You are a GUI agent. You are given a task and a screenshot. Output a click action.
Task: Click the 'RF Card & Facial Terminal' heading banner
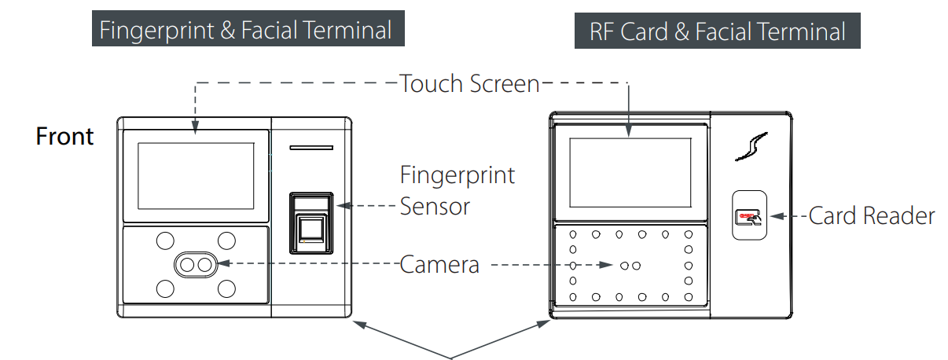point(717,32)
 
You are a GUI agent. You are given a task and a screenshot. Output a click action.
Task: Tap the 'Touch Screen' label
point(469,83)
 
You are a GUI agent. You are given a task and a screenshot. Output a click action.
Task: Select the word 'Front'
point(65,137)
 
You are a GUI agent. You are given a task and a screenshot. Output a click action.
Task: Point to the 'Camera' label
point(439,264)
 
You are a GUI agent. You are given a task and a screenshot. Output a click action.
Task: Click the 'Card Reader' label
point(872,215)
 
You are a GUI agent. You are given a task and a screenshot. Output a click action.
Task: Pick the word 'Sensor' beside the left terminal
point(435,207)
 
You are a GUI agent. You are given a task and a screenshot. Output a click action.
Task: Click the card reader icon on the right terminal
point(748,216)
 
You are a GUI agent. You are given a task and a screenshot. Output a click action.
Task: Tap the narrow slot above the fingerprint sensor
point(311,148)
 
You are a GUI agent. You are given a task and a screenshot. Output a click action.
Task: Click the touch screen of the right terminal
point(629,177)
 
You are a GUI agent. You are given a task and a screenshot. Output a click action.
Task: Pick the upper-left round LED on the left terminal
point(165,240)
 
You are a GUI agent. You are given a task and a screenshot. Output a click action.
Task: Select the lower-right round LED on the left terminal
point(226,288)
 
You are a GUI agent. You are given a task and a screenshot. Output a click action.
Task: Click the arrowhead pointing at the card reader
point(773,215)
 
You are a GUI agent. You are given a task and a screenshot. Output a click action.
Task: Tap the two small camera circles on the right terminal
point(630,266)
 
